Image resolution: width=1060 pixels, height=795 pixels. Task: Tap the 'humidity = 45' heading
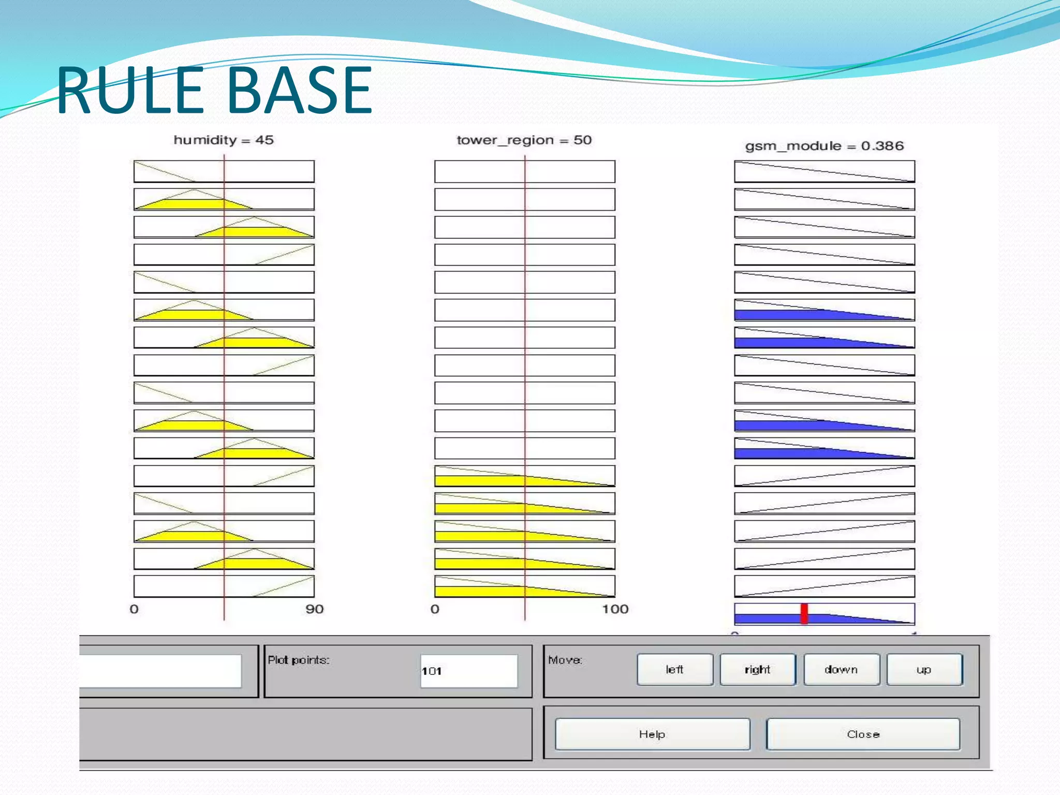click(x=223, y=140)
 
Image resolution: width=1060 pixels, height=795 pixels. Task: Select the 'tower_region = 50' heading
click(x=524, y=140)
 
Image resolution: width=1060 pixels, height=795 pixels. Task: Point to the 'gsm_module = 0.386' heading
click(x=824, y=146)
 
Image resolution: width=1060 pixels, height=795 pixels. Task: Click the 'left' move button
click(x=674, y=670)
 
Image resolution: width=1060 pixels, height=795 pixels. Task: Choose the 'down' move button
click(x=841, y=670)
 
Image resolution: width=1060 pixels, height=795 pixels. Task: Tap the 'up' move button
click(x=924, y=670)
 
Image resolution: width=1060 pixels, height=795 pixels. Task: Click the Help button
click(x=652, y=734)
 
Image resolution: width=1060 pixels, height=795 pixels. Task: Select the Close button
click(x=863, y=734)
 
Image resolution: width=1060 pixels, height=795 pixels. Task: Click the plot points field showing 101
click(x=468, y=671)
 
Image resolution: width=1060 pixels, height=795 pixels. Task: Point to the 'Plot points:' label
click(x=299, y=660)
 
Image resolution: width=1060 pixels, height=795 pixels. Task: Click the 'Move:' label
click(x=565, y=660)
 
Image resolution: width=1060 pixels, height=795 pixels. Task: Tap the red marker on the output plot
click(x=804, y=614)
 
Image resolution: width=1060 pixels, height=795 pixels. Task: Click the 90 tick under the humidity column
click(x=314, y=609)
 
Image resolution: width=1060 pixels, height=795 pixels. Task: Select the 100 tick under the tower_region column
click(x=615, y=609)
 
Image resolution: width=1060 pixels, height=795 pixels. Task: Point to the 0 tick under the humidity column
click(x=134, y=609)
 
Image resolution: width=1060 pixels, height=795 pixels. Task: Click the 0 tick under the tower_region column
click(x=435, y=609)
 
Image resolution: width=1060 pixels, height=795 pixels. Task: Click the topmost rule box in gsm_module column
click(x=824, y=171)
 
